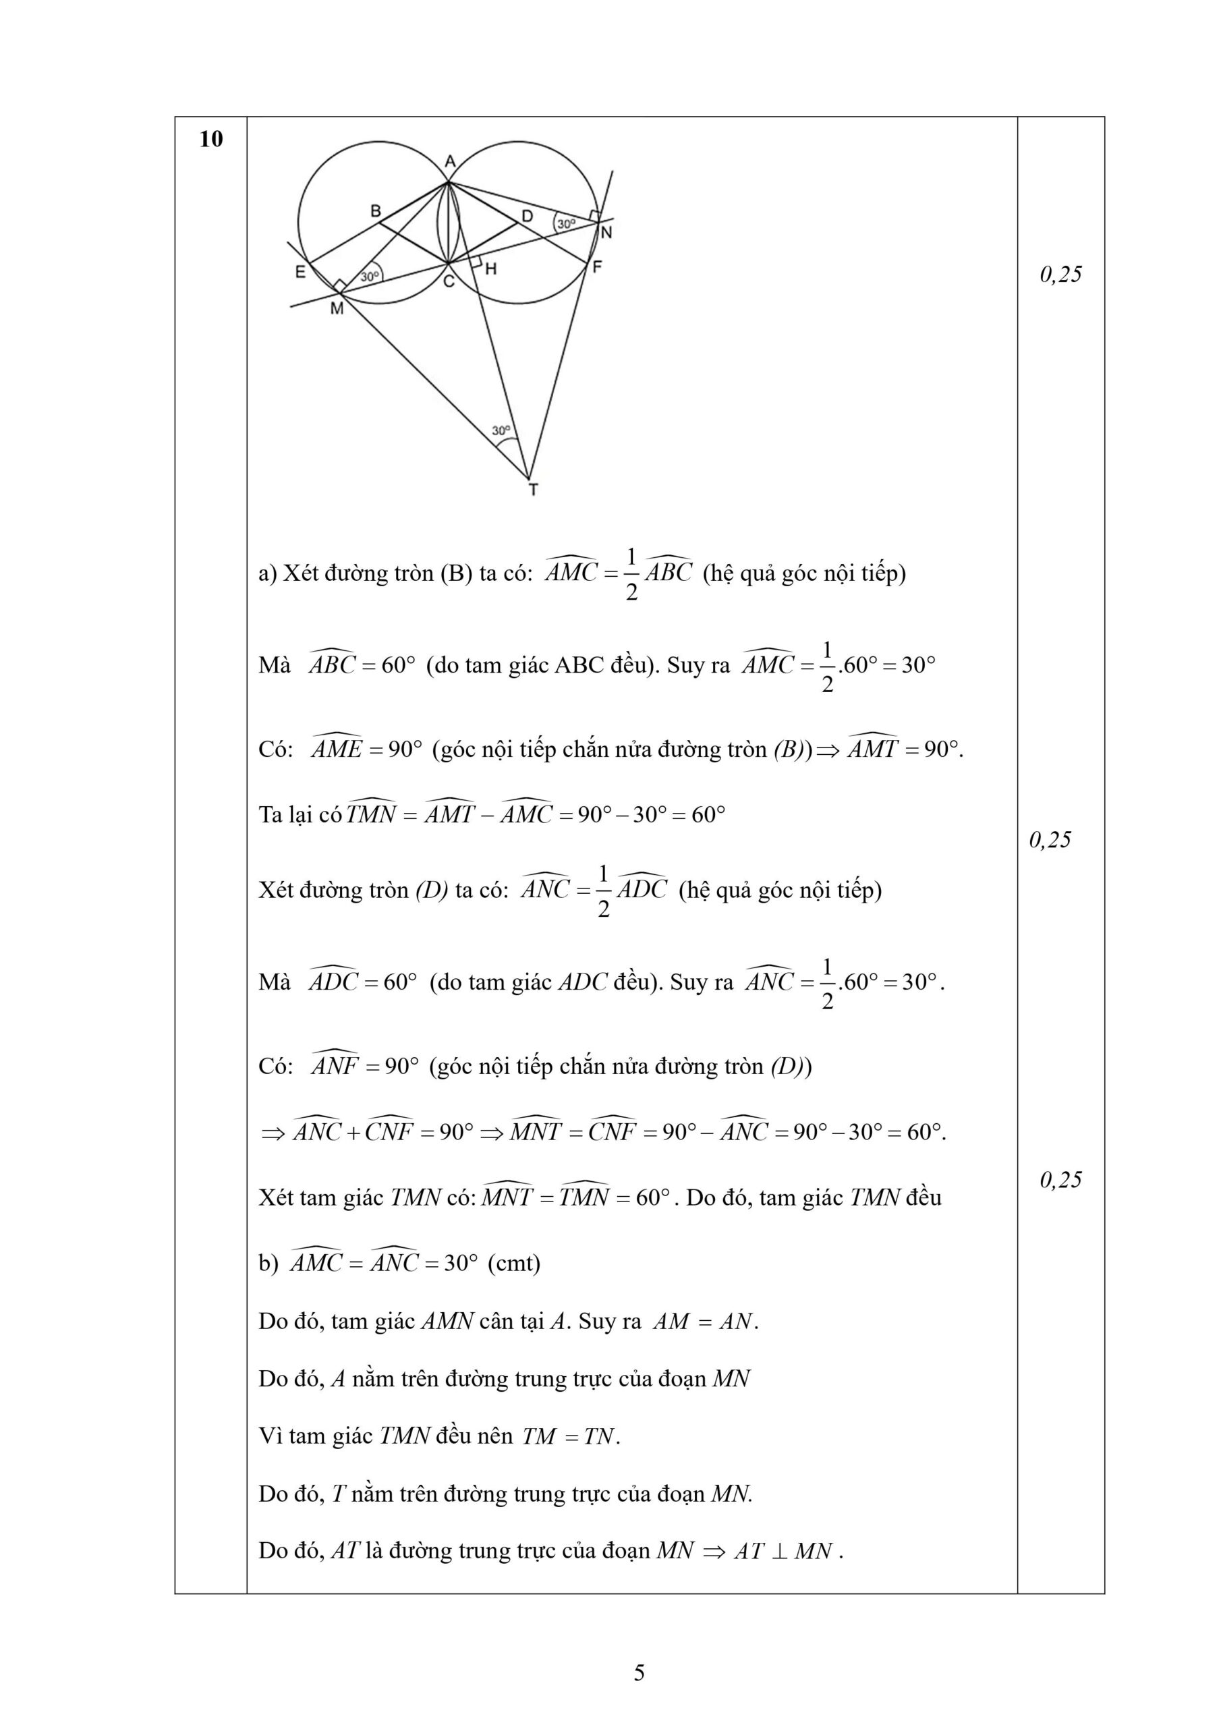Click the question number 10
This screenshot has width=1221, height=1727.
[x=211, y=139]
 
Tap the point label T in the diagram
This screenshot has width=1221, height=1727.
[x=534, y=490]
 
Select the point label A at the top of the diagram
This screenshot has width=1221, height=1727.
[x=450, y=162]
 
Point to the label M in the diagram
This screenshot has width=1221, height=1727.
[x=337, y=308]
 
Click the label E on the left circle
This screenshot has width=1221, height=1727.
[x=300, y=273]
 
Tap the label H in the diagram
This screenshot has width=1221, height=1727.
[x=490, y=268]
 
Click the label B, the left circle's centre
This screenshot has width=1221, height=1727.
[x=375, y=211]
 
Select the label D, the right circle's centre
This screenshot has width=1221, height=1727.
[x=528, y=216]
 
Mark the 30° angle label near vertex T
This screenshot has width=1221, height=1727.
[x=501, y=431]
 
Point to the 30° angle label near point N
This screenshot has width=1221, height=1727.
[x=566, y=223]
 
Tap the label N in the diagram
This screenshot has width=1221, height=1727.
[x=606, y=233]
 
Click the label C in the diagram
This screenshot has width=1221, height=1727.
[x=449, y=282]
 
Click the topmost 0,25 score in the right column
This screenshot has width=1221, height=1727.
[x=1060, y=275]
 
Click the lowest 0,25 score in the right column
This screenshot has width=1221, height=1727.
[x=1060, y=1180]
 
